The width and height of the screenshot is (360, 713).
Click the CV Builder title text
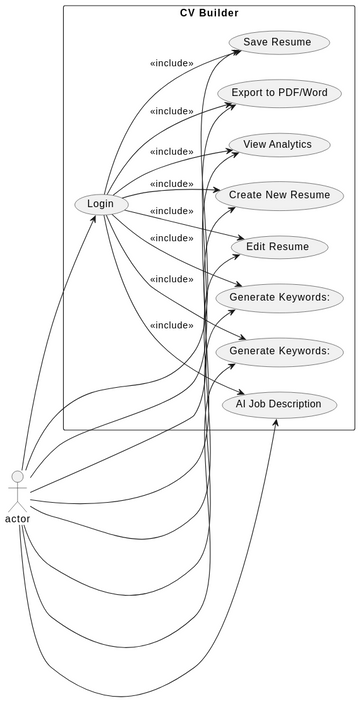(209, 12)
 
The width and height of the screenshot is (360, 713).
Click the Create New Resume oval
(279, 195)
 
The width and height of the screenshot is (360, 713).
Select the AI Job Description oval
(279, 404)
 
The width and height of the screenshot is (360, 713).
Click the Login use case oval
(100, 204)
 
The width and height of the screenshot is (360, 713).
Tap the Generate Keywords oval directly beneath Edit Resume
(279, 298)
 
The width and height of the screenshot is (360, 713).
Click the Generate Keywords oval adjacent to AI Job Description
(279, 351)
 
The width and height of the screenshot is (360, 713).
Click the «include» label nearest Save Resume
(171, 62)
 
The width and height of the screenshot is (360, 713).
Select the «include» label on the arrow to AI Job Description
(171, 325)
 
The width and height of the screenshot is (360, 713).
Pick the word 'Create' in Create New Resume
(247, 195)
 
